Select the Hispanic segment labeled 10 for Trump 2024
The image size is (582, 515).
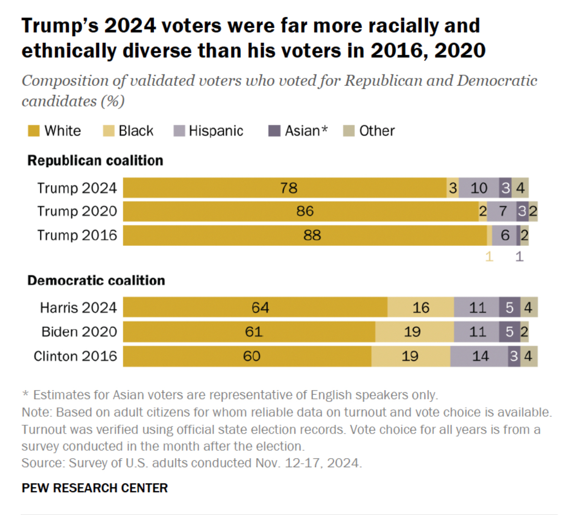pos(478,188)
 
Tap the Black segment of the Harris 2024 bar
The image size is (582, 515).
pos(421,307)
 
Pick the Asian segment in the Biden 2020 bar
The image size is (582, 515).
pos(509,331)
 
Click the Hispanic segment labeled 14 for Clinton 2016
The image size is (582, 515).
pos(479,356)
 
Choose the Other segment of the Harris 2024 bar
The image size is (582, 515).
pos(529,307)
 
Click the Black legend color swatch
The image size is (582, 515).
pos(109,131)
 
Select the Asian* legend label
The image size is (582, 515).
pos(306,131)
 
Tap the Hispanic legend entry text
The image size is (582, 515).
pos(216,131)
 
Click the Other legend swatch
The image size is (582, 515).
pos(349,131)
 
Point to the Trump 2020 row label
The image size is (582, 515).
pos(77,211)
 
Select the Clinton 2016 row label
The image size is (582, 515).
pos(75,356)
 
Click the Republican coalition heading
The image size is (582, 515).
pos(95,160)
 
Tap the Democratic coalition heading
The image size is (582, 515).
pos(96,280)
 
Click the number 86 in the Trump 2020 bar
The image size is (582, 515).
pos(305,211)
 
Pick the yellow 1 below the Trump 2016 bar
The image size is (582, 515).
pos(489,257)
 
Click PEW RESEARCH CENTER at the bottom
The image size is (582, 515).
pos(95,488)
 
